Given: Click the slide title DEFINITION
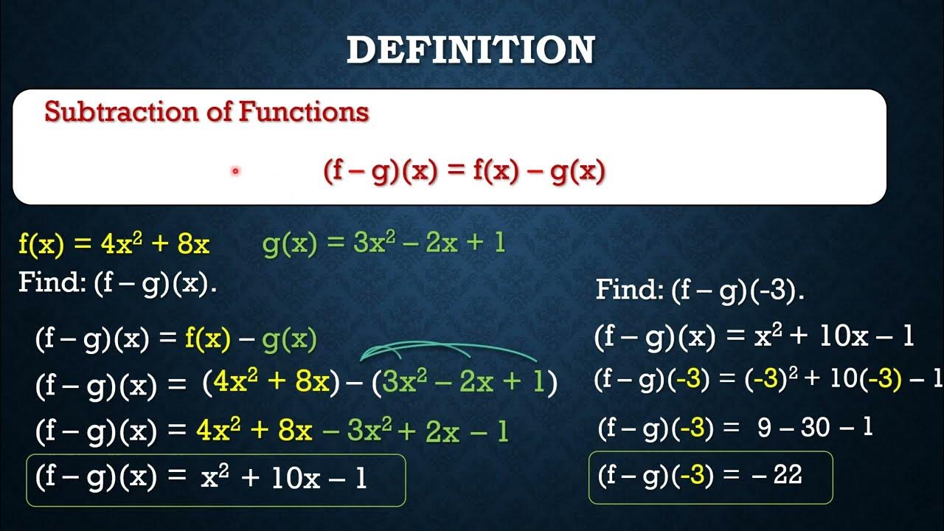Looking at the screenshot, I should coord(471,50).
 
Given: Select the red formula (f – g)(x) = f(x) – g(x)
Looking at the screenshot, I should coord(464,171).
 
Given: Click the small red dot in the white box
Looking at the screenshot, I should coord(235,170).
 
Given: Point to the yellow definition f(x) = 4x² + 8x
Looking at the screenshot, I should coord(114,244).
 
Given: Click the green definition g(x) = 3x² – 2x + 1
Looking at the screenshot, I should coord(383,243).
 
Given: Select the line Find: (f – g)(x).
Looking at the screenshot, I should coord(118,283).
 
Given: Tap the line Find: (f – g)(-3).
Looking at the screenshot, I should coord(699,290).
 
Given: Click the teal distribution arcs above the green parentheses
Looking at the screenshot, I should coord(450,350).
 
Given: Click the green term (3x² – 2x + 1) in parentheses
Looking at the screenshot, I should coord(465,383).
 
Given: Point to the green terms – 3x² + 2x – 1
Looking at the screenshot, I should coord(417,431).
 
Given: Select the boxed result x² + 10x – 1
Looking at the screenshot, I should coord(284,479).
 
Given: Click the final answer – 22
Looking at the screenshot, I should coord(777,475).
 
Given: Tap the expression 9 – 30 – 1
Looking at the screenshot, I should coord(815,428).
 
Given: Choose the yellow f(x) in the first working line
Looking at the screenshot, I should coord(208,339).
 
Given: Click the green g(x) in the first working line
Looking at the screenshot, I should coord(289,339).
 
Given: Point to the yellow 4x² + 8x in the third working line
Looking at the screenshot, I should coord(254,431).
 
